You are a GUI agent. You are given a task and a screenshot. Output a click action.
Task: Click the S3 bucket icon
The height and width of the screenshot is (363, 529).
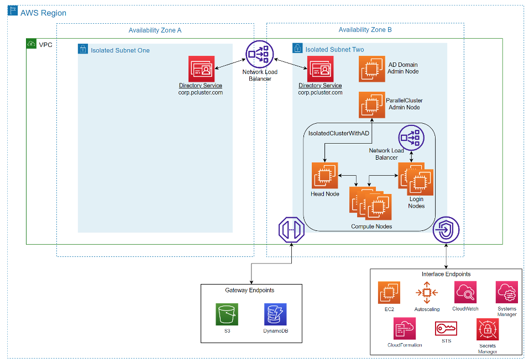[x=227, y=314]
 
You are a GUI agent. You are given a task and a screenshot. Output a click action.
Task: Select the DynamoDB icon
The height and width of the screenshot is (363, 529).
[x=275, y=314]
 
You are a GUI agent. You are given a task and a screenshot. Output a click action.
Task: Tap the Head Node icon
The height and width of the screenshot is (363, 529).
[x=324, y=175]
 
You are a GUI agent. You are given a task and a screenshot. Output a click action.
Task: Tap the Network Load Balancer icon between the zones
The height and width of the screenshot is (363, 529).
[x=260, y=54]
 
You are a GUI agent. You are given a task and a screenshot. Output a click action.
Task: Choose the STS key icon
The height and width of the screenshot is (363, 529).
[x=446, y=329]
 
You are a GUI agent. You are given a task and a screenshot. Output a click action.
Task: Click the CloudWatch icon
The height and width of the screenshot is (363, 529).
[x=465, y=292]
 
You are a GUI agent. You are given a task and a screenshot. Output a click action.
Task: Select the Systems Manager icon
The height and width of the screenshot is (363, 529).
[x=506, y=292]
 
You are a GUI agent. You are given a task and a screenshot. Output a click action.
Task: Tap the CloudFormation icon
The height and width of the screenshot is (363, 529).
[x=405, y=329]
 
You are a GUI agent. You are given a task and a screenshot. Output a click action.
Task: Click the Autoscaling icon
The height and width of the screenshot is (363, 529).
[x=426, y=292]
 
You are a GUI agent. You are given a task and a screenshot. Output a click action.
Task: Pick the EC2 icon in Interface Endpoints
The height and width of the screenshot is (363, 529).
[x=389, y=292]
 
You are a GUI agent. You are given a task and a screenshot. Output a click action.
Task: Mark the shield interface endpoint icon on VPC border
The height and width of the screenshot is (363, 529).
[x=445, y=230]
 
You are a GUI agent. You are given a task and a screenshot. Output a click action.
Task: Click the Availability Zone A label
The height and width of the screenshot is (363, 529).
[x=155, y=30]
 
